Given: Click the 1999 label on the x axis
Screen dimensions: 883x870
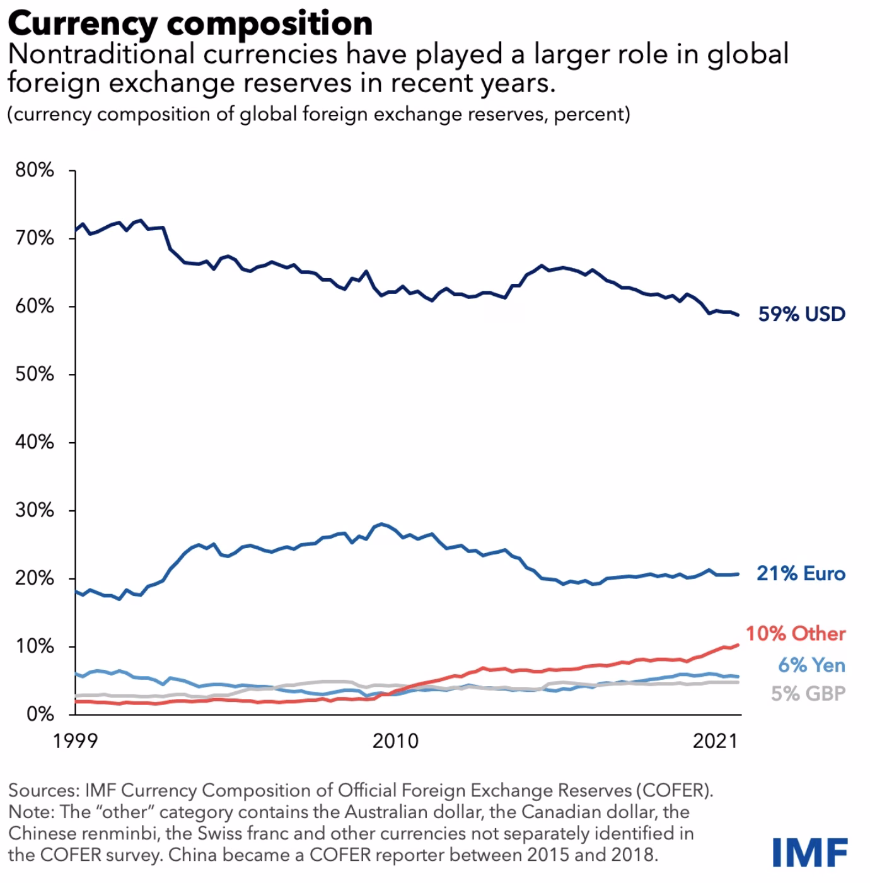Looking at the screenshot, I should pyautogui.click(x=75, y=740).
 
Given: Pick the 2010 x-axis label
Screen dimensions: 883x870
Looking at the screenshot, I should pyautogui.click(x=395, y=740).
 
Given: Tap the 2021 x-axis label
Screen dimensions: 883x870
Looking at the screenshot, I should pyautogui.click(x=715, y=740).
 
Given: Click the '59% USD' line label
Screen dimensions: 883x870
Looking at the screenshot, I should pyautogui.click(x=801, y=314).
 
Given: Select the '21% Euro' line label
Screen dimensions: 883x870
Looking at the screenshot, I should pyautogui.click(x=801, y=573).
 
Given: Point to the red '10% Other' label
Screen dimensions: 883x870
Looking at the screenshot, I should pyautogui.click(x=796, y=633).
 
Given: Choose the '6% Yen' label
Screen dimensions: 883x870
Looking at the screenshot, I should pyautogui.click(x=811, y=665).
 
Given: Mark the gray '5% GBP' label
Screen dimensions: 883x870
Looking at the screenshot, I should pyautogui.click(x=808, y=694).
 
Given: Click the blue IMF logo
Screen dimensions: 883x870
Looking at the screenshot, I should pyautogui.click(x=809, y=852).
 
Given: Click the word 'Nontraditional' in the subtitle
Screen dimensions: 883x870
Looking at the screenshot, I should pyautogui.click(x=102, y=54).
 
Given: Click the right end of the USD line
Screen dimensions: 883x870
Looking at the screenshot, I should pyautogui.click(x=738, y=315).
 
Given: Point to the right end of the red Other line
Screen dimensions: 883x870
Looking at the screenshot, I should pyautogui.click(x=738, y=645).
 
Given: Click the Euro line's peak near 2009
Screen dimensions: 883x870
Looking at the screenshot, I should pyautogui.click(x=380, y=524).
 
